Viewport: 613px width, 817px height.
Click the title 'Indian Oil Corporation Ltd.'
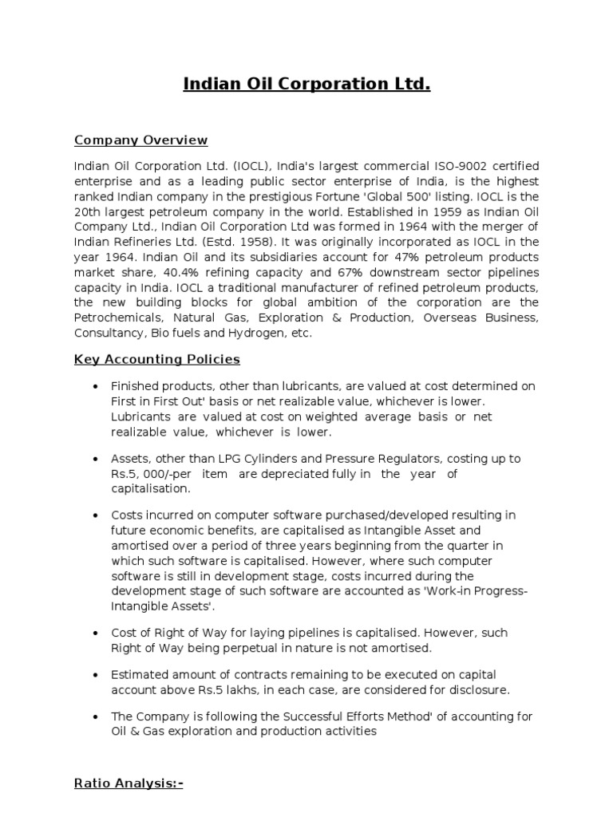(306, 84)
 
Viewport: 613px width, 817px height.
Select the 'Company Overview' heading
(140, 140)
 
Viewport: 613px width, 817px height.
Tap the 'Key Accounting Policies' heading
(156, 360)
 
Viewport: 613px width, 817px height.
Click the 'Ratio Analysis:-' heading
(128, 783)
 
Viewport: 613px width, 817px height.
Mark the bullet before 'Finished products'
(96, 387)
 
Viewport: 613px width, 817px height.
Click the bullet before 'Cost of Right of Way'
(96, 633)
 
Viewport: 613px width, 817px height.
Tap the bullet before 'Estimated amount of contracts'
(96, 675)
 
